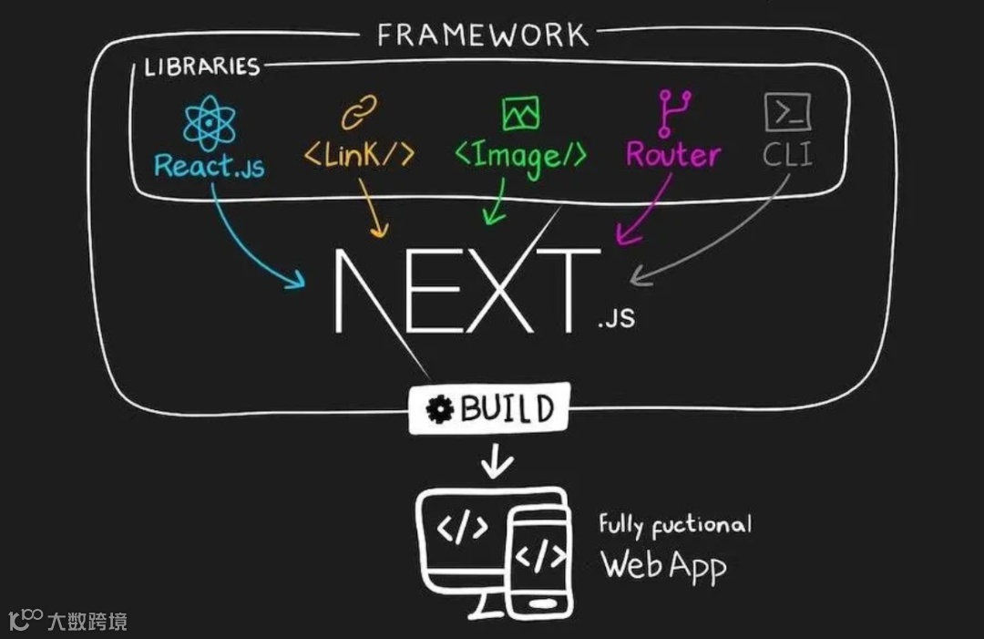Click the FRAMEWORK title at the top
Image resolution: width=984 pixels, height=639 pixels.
483,35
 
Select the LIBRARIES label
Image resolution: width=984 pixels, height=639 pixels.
201,67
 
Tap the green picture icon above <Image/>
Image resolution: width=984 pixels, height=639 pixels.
520,113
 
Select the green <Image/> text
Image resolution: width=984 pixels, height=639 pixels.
520,157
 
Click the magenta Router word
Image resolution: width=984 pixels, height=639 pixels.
672,155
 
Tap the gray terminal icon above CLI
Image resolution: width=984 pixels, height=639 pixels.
787,113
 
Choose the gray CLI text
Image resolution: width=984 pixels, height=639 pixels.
787,155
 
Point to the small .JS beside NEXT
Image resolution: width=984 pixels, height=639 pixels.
617,319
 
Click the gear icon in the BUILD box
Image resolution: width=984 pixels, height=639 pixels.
441,410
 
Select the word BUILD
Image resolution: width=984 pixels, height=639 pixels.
507,409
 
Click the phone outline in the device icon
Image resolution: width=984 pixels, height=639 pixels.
538,561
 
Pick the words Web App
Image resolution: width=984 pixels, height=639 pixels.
663,566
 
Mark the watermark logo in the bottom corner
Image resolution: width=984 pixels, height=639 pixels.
26,621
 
